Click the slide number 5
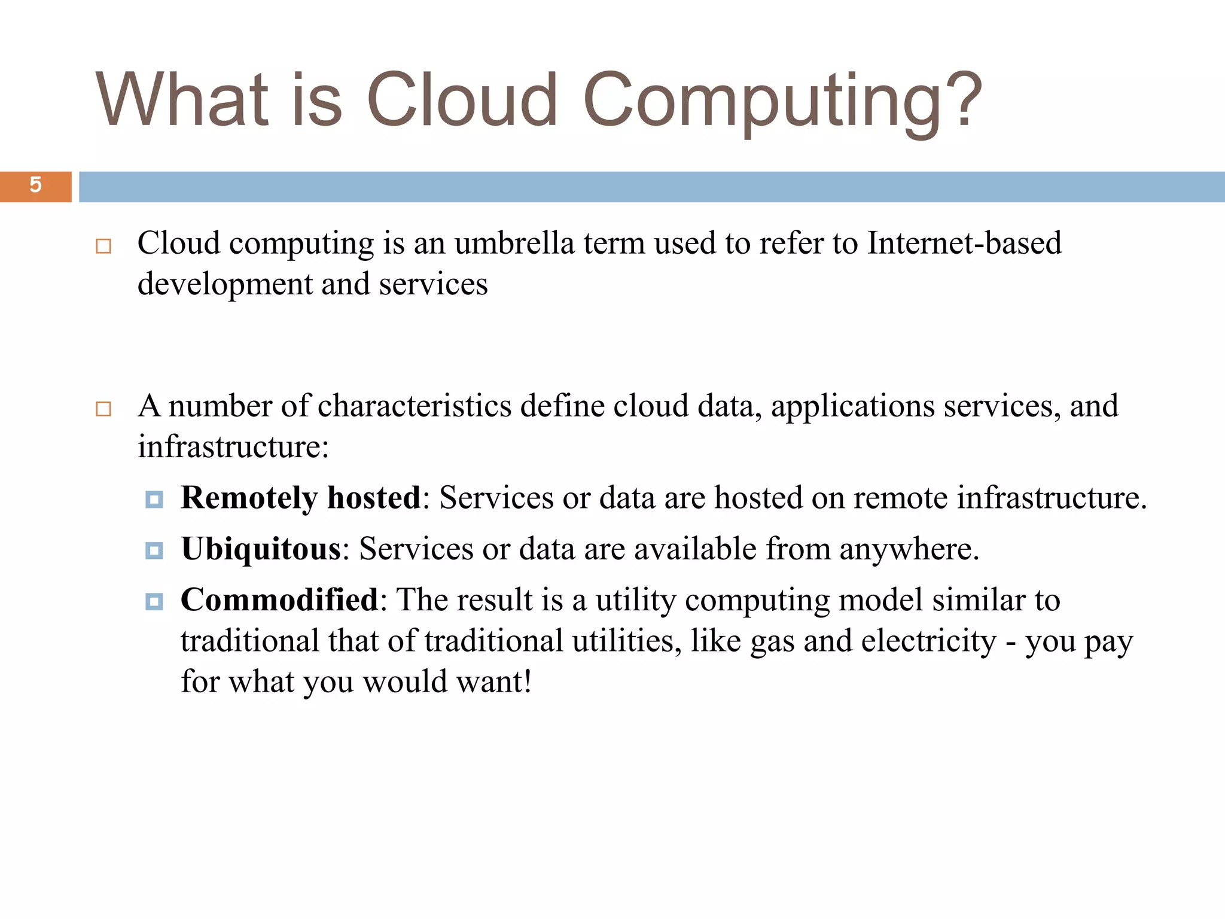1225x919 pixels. click(x=35, y=185)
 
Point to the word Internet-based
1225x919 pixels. click(x=964, y=244)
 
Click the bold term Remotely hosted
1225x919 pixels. click(x=301, y=498)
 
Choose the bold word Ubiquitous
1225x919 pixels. click(x=261, y=549)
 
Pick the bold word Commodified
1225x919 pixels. click(x=279, y=600)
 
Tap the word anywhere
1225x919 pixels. click(x=908, y=549)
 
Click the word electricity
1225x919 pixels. click(x=928, y=641)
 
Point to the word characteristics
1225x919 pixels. click(x=415, y=406)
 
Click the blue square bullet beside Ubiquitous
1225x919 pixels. click(x=154, y=550)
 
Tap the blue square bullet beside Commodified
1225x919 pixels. click(x=154, y=601)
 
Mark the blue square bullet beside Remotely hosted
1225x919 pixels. click(x=154, y=499)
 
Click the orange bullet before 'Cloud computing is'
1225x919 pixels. click(x=103, y=246)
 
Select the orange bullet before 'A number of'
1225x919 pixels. click(x=103, y=409)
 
